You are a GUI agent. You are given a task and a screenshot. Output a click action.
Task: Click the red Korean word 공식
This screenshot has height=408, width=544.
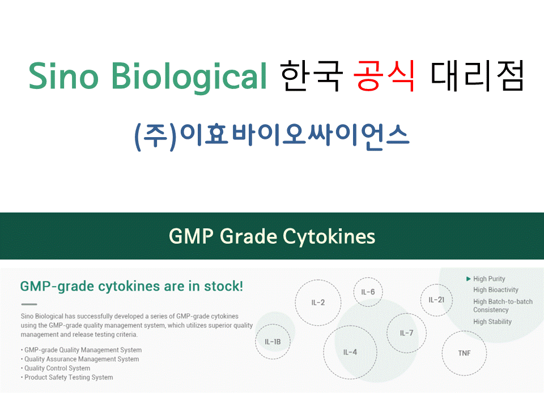tap(384, 75)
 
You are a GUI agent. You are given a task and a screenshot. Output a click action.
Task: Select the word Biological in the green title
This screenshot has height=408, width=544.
tap(189, 78)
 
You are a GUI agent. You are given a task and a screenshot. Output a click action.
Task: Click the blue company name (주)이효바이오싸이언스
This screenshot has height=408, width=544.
tap(272, 137)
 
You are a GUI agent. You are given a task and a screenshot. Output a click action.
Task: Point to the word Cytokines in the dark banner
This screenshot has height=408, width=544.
tap(329, 237)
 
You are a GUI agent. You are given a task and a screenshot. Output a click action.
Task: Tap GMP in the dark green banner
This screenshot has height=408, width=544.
tap(191, 236)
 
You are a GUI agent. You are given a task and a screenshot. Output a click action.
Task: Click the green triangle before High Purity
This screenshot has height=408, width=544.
tap(469, 279)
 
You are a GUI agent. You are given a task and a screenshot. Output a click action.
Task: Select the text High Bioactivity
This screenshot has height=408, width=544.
tap(496, 290)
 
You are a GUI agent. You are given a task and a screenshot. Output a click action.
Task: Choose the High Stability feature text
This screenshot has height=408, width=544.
tap(492, 322)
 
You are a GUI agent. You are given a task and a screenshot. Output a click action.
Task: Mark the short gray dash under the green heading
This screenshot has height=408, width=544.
tap(29, 304)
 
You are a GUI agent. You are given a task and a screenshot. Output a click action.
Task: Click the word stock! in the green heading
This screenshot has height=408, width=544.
tap(223, 287)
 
